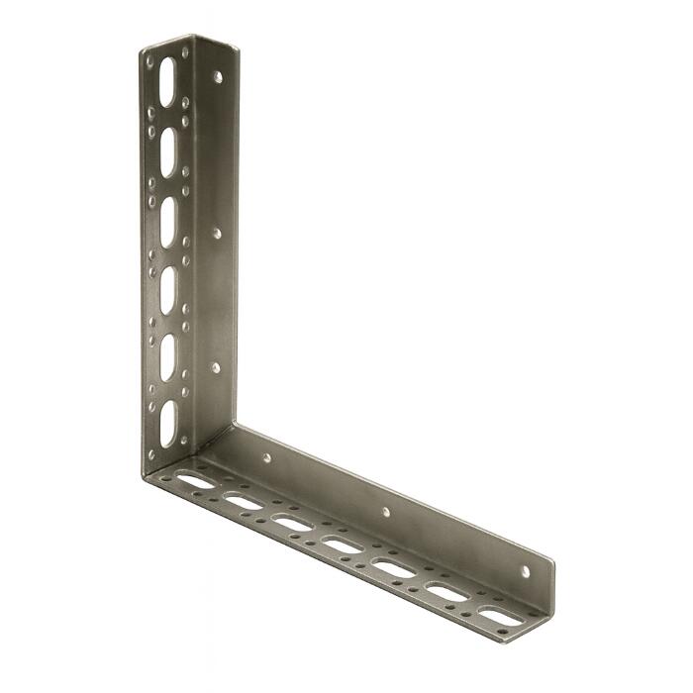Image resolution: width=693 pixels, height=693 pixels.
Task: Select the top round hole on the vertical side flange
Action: pos(218,76)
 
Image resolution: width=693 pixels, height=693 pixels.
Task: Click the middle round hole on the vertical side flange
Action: pos(217,234)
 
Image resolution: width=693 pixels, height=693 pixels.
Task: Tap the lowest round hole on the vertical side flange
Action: pos(216,367)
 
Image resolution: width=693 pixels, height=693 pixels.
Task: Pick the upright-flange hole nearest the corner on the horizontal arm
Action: pos(266,458)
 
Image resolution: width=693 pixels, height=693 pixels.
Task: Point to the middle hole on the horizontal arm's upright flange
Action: pos(386,512)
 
